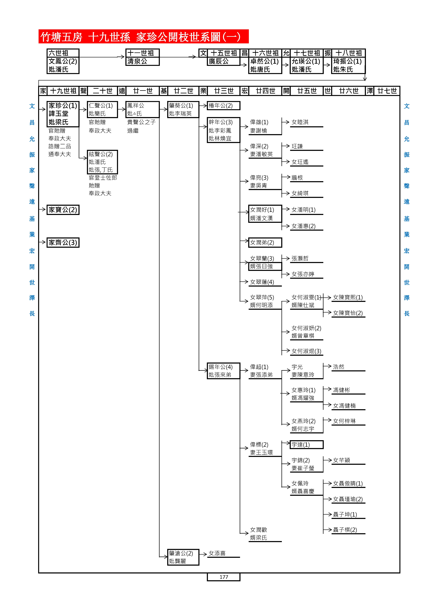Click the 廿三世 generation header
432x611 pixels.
click(x=224, y=91)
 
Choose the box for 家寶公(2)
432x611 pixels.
click(x=63, y=210)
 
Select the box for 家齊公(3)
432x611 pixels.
click(x=63, y=242)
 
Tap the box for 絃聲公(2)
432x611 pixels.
click(x=102, y=162)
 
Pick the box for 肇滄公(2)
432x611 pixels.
click(x=183, y=557)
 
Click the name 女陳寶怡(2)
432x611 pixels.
click(x=348, y=313)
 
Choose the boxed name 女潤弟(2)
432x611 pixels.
click(x=265, y=242)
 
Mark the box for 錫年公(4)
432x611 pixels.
click(x=223, y=371)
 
